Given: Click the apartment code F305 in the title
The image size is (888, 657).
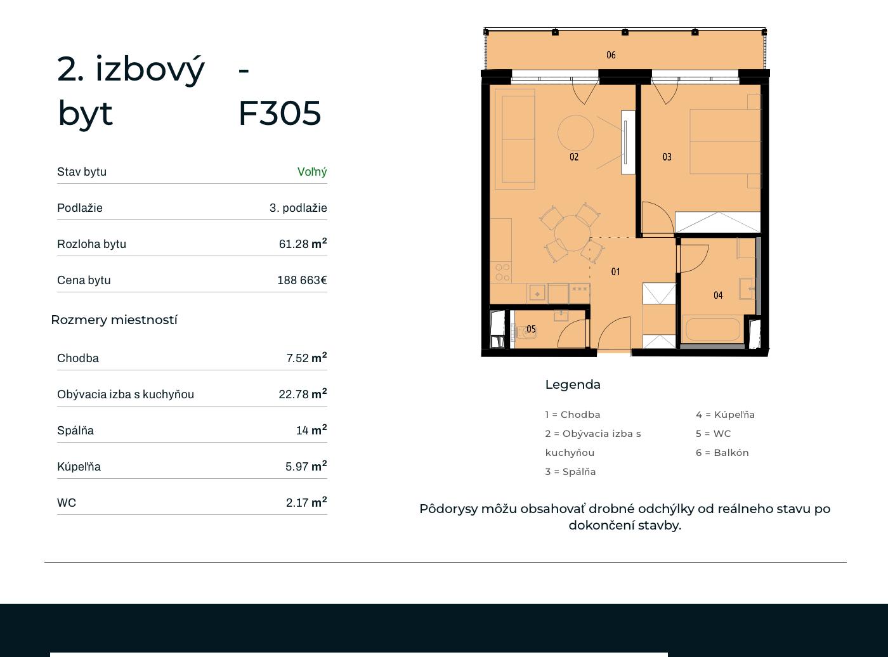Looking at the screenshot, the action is coord(280,114).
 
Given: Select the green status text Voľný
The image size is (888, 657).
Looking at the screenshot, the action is coord(312,172).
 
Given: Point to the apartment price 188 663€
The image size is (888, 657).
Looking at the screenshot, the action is coord(302,280).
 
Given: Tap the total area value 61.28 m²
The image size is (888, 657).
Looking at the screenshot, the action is coord(303,244).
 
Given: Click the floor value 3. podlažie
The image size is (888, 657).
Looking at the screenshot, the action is coord(298,208).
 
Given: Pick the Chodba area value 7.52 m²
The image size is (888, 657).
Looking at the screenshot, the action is coord(306,358).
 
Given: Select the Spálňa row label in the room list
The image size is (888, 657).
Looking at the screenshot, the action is coord(75,431).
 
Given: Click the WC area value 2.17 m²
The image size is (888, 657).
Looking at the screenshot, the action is coord(306,502).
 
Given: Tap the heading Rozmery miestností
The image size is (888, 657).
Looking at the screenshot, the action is coord(114,320).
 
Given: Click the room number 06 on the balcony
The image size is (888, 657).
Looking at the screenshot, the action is coord(611,55).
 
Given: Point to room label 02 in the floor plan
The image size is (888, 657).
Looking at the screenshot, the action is coord(574,157).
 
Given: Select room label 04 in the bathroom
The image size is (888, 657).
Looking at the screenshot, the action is coord(718,296).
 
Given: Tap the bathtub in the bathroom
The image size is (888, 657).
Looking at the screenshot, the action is coord(713,329).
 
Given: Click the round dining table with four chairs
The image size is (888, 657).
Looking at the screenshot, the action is coord(573,233).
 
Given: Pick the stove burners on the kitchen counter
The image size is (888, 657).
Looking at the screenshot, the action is coord(502,272).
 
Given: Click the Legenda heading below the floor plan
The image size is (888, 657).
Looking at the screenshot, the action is coord(573,385).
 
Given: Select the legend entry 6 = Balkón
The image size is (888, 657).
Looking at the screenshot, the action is coord(722,453).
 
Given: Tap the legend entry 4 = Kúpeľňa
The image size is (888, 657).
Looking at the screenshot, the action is coord(725,415).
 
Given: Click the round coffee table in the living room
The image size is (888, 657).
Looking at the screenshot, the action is coord(575,133).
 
